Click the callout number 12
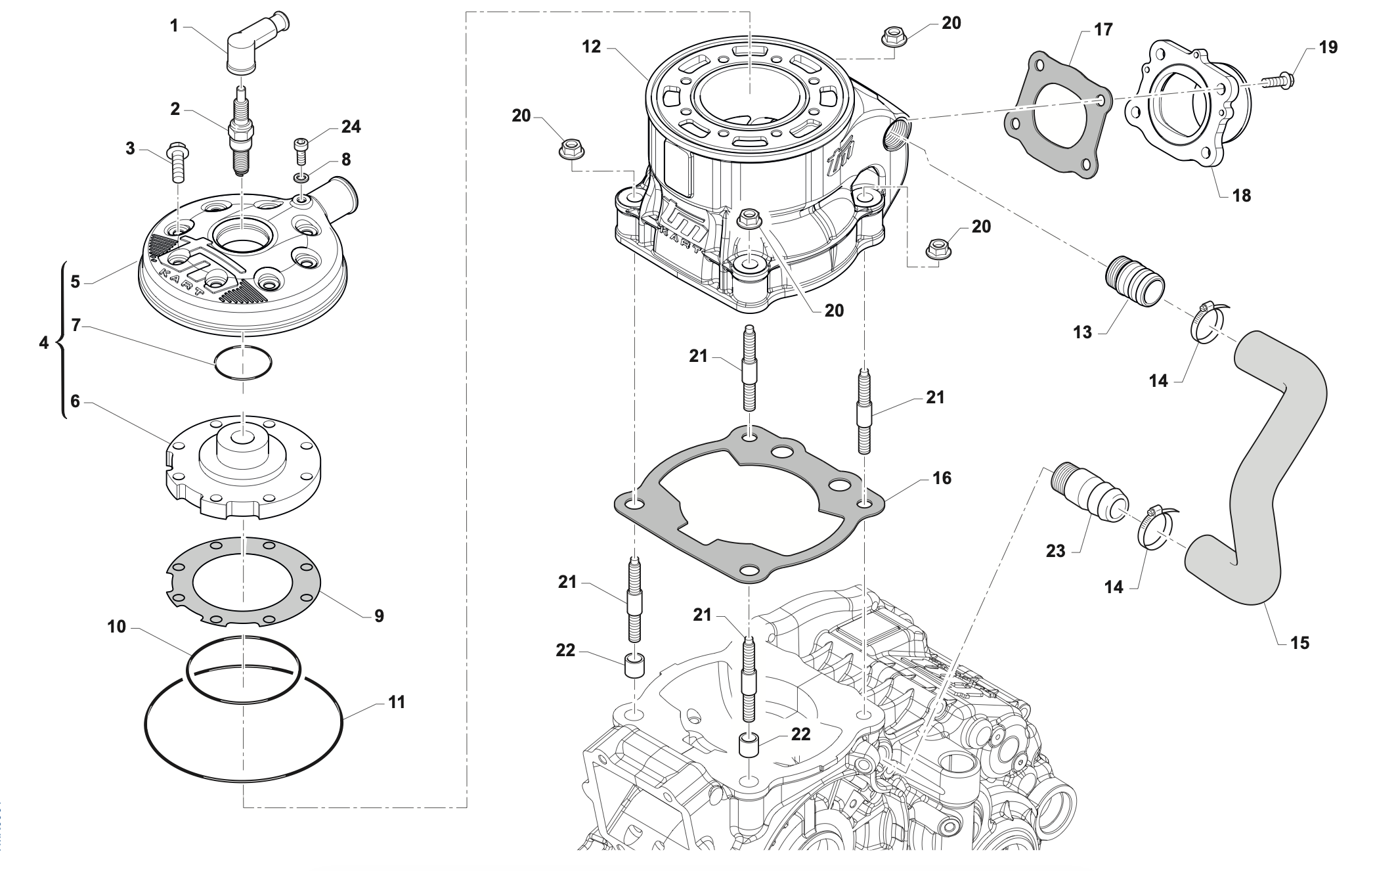(x=592, y=47)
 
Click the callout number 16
(x=942, y=478)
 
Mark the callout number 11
(x=397, y=702)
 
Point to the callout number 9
(x=379, y=615)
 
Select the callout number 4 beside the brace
(x=44, y=342)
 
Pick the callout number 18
(x=1242, y=195)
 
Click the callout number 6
(x=75, y=401)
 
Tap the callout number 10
(x=116, y=627)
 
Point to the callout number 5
(x=75, y=281)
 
